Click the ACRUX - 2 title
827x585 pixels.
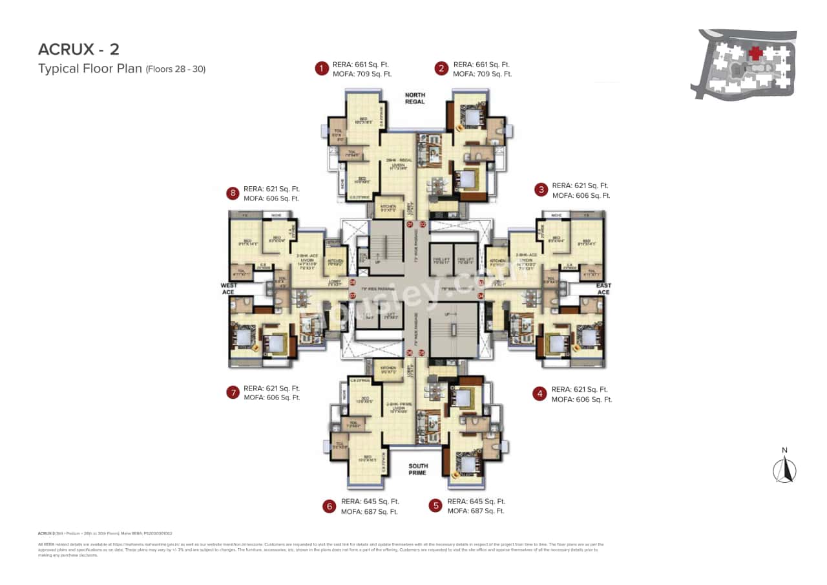[78, 49]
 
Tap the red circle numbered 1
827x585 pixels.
[320, 69]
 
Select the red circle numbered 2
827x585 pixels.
[441, 69]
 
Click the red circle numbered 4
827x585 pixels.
[539, 394]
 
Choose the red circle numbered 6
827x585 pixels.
[330, 506]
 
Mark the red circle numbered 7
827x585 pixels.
[232, 393]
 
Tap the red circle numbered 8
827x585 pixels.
[232, 193]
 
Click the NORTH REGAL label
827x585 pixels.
[415, 98]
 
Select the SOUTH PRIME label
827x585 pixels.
[417, 469]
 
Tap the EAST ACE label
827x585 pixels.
[603, 288]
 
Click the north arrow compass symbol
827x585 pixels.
[785, 469]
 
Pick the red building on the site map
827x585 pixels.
[755, 54]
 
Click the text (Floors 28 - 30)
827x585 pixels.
[176, 69]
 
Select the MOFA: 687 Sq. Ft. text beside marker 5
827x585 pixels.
[477, 511]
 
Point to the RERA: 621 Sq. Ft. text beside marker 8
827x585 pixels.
[271, 189]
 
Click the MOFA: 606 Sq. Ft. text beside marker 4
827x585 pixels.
[581, 399]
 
